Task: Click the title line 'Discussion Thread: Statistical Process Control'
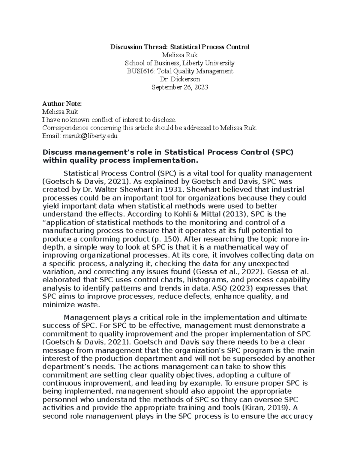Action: point(180,47)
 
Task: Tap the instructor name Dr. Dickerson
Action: point(180,79)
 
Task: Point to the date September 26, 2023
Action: point(180,87)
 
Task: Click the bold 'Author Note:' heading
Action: point(62,104)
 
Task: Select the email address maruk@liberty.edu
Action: point(89,136)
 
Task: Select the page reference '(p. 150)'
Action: point(165,239)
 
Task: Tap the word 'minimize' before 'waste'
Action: point(57,305)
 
